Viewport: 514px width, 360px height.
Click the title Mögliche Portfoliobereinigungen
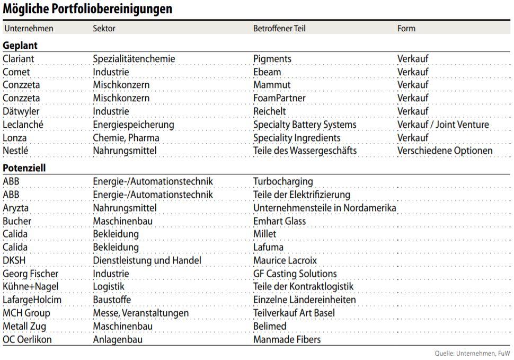[x=87, y=9]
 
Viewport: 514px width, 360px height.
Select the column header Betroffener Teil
[x=279, y=28]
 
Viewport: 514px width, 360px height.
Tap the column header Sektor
[x=104, y=28]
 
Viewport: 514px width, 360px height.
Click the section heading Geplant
[x=20, y=45]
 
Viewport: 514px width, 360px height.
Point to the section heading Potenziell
[x=24, y=168]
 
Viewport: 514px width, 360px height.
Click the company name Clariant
[x=19, y=59]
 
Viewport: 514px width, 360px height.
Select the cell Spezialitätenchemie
[x=134, y=59]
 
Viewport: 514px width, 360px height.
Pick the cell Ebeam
[x=267, y=72]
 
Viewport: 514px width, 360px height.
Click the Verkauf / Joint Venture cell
[x=443, y=125]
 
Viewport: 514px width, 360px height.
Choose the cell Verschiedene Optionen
[x=445, y=151]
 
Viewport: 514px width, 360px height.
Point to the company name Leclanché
[x=23, y=125]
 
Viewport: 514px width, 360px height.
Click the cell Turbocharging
[x=282, y=182]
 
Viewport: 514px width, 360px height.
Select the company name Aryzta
[x=16, y=208]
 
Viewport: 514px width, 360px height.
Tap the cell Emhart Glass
[x=279, y=221]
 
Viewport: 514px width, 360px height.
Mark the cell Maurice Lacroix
[x=285, y=260]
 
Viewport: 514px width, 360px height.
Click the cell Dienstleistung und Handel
[x=147, y=260]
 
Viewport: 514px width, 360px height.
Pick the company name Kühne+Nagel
[x=31, y=287]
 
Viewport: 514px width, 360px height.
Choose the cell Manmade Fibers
[x=287, y=339]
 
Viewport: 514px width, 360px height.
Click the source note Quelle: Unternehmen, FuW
[x=472, y=353]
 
